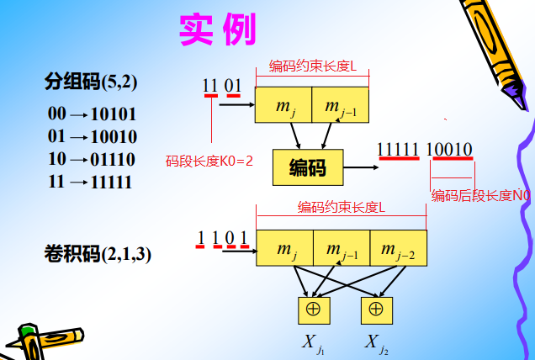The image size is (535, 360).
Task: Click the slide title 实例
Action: click(x=216, y=29)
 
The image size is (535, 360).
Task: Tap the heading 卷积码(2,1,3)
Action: click(x=98, y=253)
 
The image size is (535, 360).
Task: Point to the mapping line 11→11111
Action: click(x=90, y=181)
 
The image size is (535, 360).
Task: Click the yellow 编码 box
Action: click(x=310, y=167)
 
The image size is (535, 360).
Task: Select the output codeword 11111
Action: click(x=397, y=150)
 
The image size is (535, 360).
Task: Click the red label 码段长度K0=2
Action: click(x=209, y=159)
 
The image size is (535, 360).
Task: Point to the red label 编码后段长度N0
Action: click(x=481, y=196)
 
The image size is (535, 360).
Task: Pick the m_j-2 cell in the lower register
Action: click(x=398, y=248)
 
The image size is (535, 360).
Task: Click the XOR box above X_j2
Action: click(x=376, y=309)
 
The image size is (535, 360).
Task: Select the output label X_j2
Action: click(x=377, y=343)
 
